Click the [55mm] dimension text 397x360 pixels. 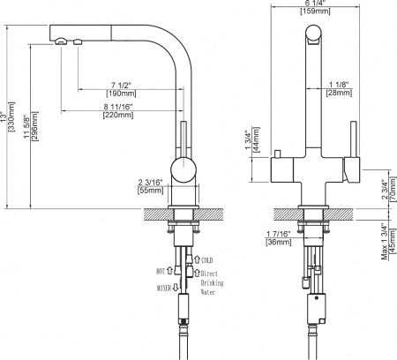pos(151,190)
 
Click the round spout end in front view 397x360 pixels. pos(311,35)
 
